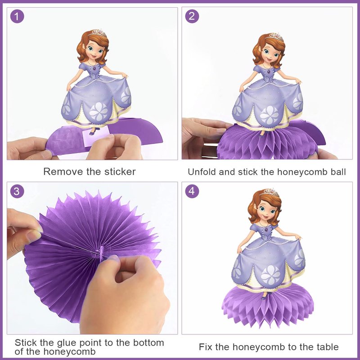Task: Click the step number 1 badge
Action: pos(17,16)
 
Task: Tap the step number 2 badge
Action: pos(192,16)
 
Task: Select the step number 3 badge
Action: pos(17,191)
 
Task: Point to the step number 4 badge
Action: pos(192,191)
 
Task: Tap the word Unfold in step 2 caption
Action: pos(202,172)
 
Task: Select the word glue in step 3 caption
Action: pos(67,343)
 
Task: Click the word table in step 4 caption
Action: pos(328,347)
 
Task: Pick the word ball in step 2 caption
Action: pos(338,172)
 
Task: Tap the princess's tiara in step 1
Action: pos(98,33)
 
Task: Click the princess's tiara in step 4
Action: pos(270,193)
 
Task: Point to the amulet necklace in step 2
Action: pos(269,71)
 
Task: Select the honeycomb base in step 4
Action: pos(268,305)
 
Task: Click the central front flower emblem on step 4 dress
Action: pos(271,275)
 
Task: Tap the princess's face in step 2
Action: pos(270,53)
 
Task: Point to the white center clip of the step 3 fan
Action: pos(102,252)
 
